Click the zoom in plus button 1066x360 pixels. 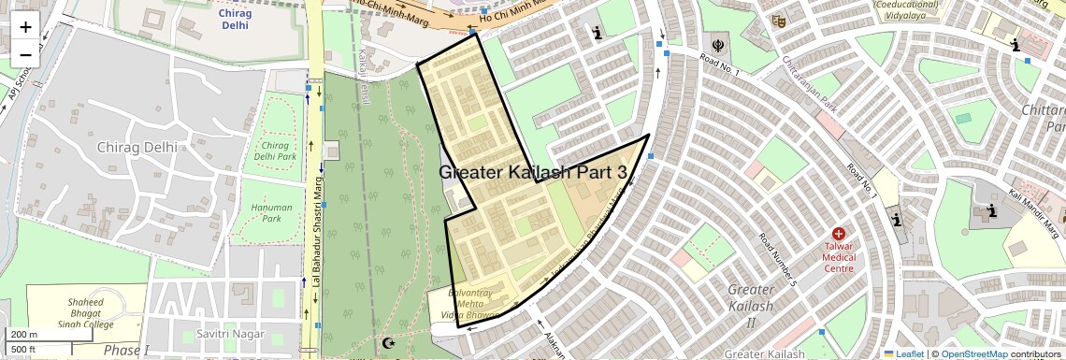(25, 26)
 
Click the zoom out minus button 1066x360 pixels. (25, 54)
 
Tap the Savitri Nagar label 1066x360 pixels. (230, 334)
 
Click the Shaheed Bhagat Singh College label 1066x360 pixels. (85, 313)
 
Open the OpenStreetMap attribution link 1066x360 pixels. (973, 353)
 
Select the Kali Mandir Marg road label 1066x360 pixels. (1036, 210)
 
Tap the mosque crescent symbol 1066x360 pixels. (390, 344)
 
